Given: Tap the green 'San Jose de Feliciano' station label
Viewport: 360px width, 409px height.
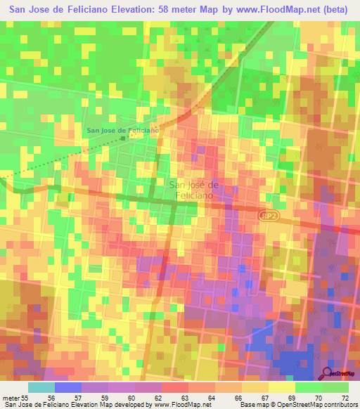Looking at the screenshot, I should [122, 130].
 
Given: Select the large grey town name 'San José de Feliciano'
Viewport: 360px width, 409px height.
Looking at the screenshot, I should [195, 190].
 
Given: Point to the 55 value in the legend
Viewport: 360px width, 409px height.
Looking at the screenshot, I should [25, 397].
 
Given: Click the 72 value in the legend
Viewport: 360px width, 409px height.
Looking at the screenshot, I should [345, 397].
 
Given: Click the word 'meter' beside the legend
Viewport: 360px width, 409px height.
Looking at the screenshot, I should [10, 397].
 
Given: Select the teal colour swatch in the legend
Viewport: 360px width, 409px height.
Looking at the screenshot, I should [41, 387].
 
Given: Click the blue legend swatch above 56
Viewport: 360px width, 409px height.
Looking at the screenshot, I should [68, 387].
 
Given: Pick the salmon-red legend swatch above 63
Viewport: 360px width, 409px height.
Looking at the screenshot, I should [175, 387].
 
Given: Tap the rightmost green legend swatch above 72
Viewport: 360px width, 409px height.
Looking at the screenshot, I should [335, 387].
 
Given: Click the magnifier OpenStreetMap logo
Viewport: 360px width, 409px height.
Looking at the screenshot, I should [328, 373].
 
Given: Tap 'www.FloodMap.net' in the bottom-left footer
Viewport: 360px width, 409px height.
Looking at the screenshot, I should [184, 405].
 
